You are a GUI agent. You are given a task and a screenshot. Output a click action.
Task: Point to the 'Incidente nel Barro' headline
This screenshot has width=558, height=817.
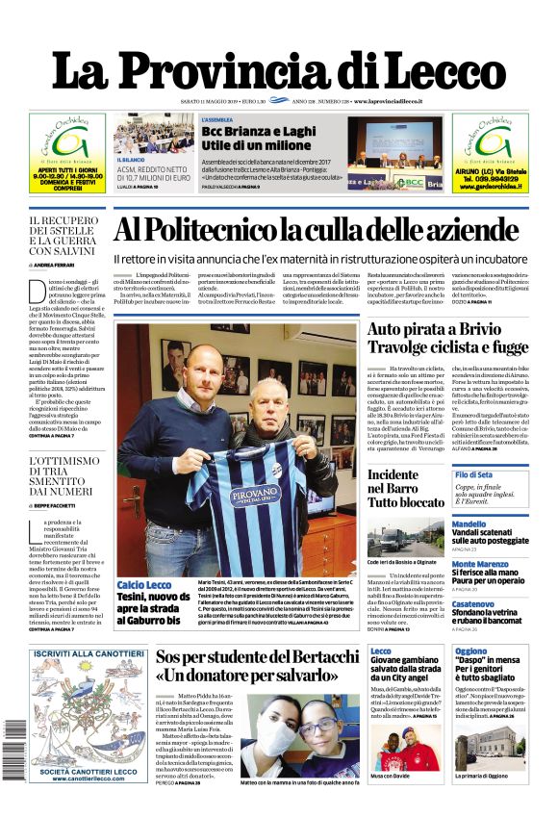[x=406, y=488]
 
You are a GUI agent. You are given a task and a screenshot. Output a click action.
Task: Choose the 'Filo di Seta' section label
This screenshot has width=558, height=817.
[x=473, y=475]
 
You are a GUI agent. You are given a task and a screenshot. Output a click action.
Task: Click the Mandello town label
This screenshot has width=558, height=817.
[x=469, y=525]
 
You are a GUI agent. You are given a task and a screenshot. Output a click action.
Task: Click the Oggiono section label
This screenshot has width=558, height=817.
[x=471, y=651]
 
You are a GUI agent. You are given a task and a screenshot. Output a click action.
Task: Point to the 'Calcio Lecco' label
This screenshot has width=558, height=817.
[x=144, y=585]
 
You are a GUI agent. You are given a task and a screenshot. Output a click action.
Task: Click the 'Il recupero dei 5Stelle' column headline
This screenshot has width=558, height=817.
[x=66, y=236]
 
